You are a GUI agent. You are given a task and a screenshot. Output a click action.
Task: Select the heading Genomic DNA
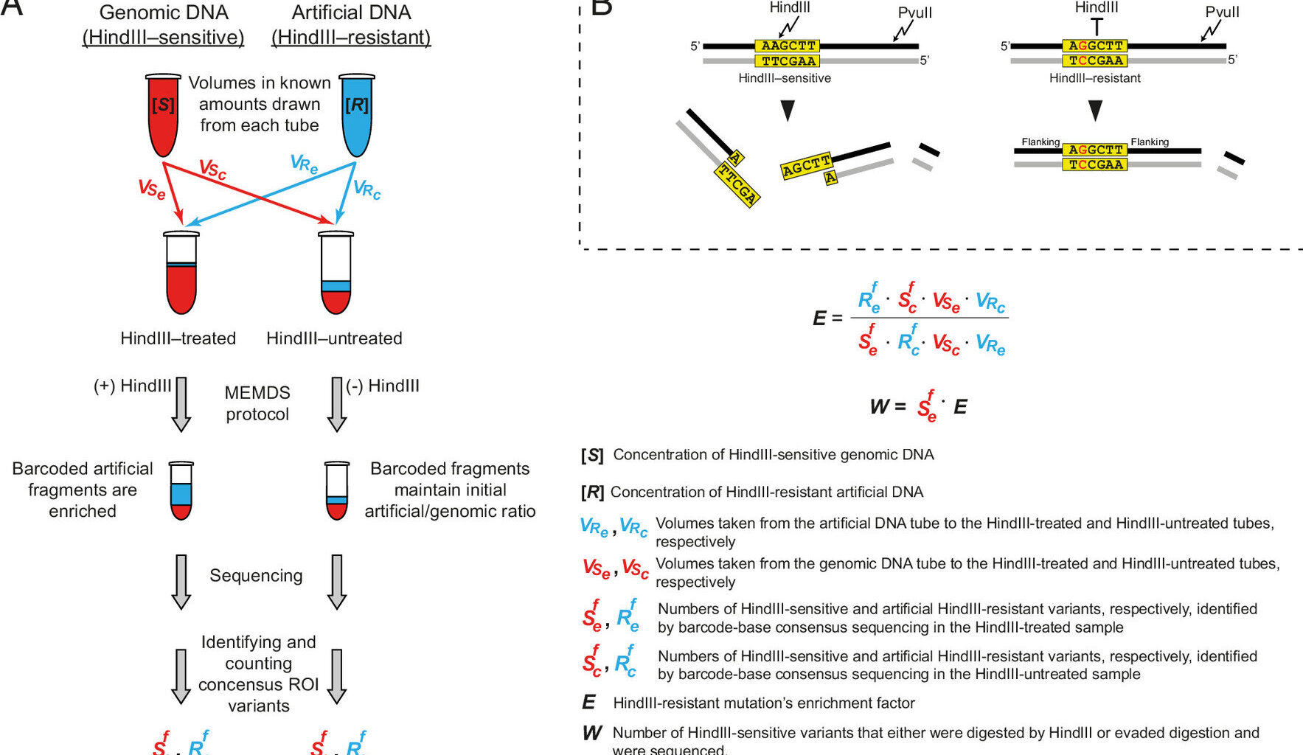pos(164,13)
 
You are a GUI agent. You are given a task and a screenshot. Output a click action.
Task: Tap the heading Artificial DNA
pos(351,13)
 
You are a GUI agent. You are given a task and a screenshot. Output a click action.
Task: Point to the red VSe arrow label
pos(152,189)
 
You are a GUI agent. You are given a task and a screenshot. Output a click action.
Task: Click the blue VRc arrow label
pos(366,189)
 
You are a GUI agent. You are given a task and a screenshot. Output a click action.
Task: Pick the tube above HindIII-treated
pos(181,273)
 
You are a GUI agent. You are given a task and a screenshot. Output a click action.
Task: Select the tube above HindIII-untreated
pos(336,273)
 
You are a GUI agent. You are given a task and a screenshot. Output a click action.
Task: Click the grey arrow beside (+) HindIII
pos(181,403)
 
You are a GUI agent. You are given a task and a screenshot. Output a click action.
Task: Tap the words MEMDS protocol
pos(257,403)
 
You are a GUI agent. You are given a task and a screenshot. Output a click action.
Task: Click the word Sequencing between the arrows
pos(256,575)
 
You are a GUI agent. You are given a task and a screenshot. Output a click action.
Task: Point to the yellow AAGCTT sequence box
pos(788,46)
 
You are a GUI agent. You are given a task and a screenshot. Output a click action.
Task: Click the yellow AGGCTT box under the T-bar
pos(1095,46)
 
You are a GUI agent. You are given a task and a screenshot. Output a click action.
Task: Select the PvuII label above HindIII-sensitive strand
pos(914,13)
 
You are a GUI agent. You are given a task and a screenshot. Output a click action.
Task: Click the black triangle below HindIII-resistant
pos(1095,111)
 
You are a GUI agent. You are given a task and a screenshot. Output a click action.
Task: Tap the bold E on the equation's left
pos(819,319)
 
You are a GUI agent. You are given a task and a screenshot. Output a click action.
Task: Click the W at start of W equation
pos(879,406)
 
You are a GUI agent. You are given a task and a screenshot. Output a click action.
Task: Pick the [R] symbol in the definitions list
pos(592,492)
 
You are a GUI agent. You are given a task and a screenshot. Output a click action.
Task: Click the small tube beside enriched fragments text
pos(181,490)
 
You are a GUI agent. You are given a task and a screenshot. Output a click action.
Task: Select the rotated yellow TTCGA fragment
pos(737,184)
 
